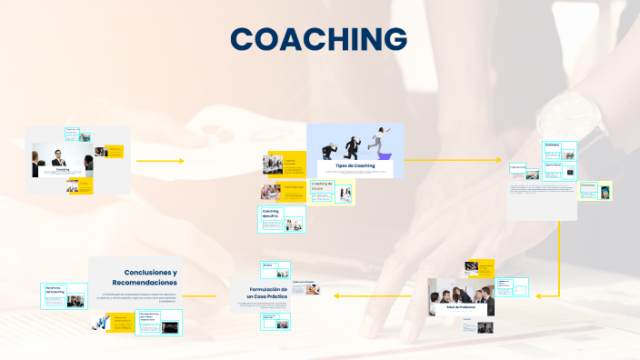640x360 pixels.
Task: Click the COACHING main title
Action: pyautogui.click(x=319, y=39)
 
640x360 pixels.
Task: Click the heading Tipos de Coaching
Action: pyautogui.click(x=355, y=165)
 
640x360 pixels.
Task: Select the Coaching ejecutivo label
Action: pyautogui.click(x=271, y=213)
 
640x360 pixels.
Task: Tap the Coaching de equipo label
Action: pyautogui.click(x=323, y=185)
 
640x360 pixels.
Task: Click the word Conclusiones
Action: pyautogui.click(x=151, y=272)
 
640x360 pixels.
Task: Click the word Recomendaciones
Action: pyautogui.click(x=145, y=283)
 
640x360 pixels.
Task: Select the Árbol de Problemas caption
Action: pyautogui.click(x=461, y=307)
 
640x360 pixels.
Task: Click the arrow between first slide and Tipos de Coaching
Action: pyautogui.click(x=160, y=160)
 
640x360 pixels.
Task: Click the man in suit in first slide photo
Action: pyautogui.click(x=58, y=157)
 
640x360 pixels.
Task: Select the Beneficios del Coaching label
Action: pyautogui.click(x=55, y=290)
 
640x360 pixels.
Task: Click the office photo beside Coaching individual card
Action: pyautogui.click(x=272, y=165)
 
